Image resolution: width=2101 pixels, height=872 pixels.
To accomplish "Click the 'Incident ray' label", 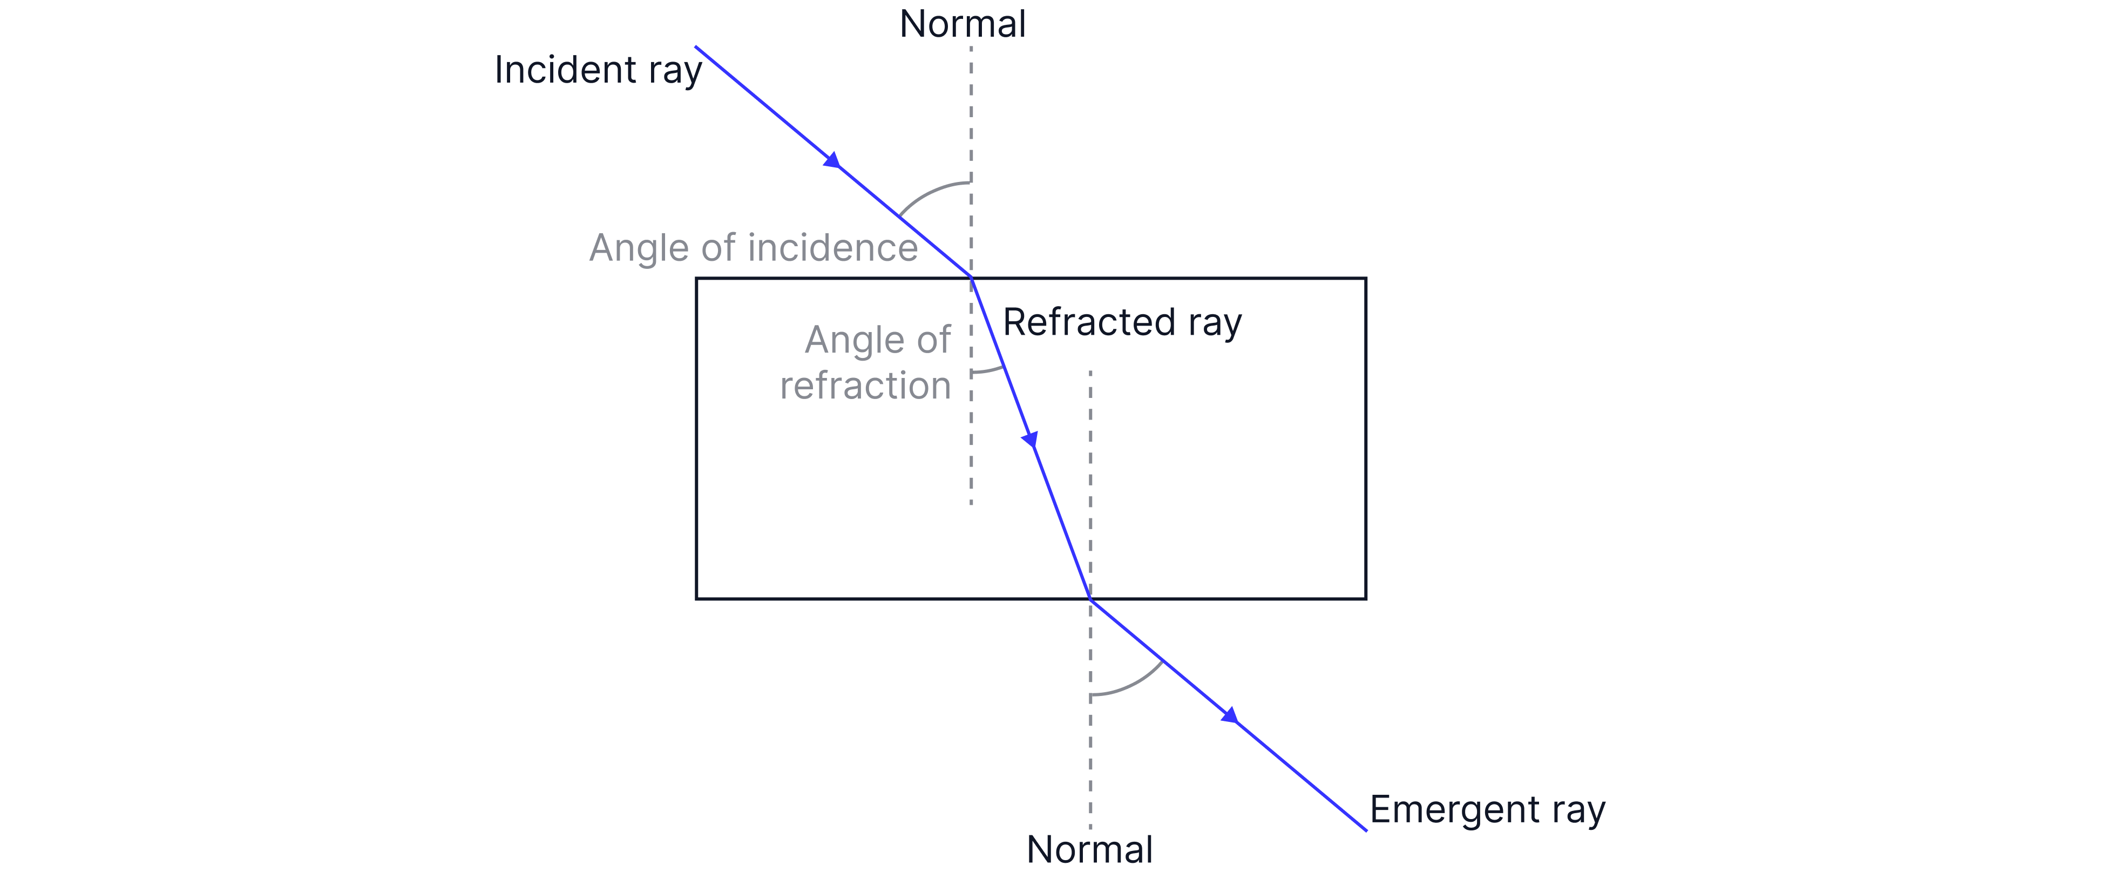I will pos(598,70).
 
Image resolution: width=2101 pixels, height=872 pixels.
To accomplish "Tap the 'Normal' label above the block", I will pos(963,24).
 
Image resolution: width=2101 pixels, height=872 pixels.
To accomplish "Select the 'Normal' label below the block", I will pos(1090,849).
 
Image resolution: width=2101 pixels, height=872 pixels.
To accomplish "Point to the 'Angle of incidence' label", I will pos(753,248).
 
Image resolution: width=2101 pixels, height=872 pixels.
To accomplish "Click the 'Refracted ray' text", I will pos(1121,322).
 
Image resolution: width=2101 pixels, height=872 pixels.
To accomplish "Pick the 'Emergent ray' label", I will pos(1487,810).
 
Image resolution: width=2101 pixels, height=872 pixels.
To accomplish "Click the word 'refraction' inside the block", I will pos(865,385).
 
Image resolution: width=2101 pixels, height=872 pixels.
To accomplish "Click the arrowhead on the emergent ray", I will pos(1230,716).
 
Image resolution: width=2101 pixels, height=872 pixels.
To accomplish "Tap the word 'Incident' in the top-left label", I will pos(565,70).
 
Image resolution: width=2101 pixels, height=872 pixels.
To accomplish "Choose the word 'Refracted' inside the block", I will pos(1089,322).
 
